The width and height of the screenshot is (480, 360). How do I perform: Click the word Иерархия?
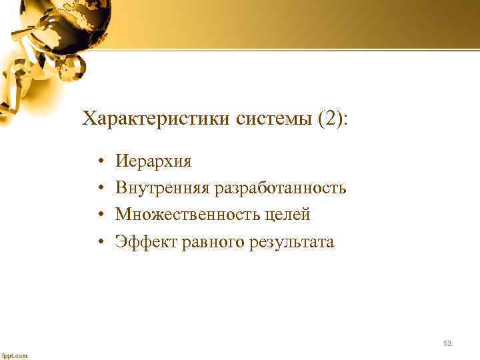tap(153, 161)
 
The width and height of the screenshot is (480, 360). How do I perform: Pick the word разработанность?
tap(280, 188)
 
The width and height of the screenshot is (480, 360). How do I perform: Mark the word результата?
tap(291, 241)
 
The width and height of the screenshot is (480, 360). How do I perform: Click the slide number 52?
tap(447, 343)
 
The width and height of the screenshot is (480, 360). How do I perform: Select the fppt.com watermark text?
tap(14, 355)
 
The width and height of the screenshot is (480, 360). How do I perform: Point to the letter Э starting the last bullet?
tap(121, 241)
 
